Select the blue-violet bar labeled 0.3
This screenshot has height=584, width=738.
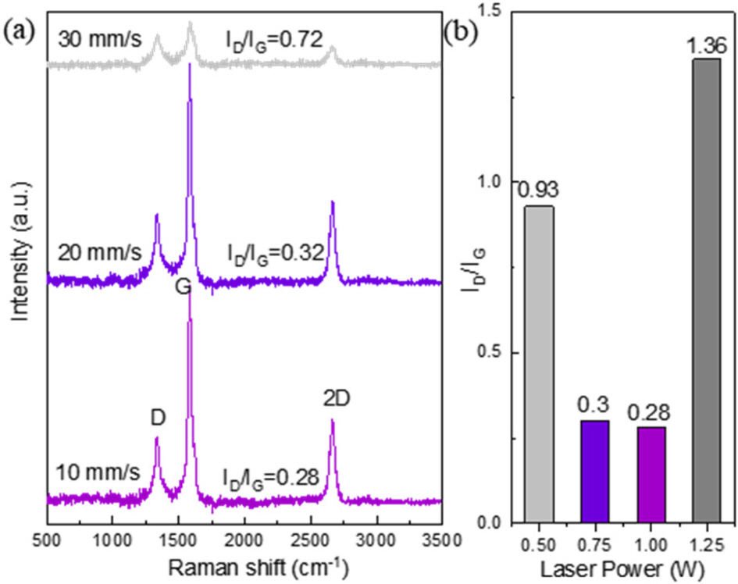point(595,472)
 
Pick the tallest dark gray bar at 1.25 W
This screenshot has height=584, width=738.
point(707,290)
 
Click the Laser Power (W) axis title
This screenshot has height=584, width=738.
point(622,568)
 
